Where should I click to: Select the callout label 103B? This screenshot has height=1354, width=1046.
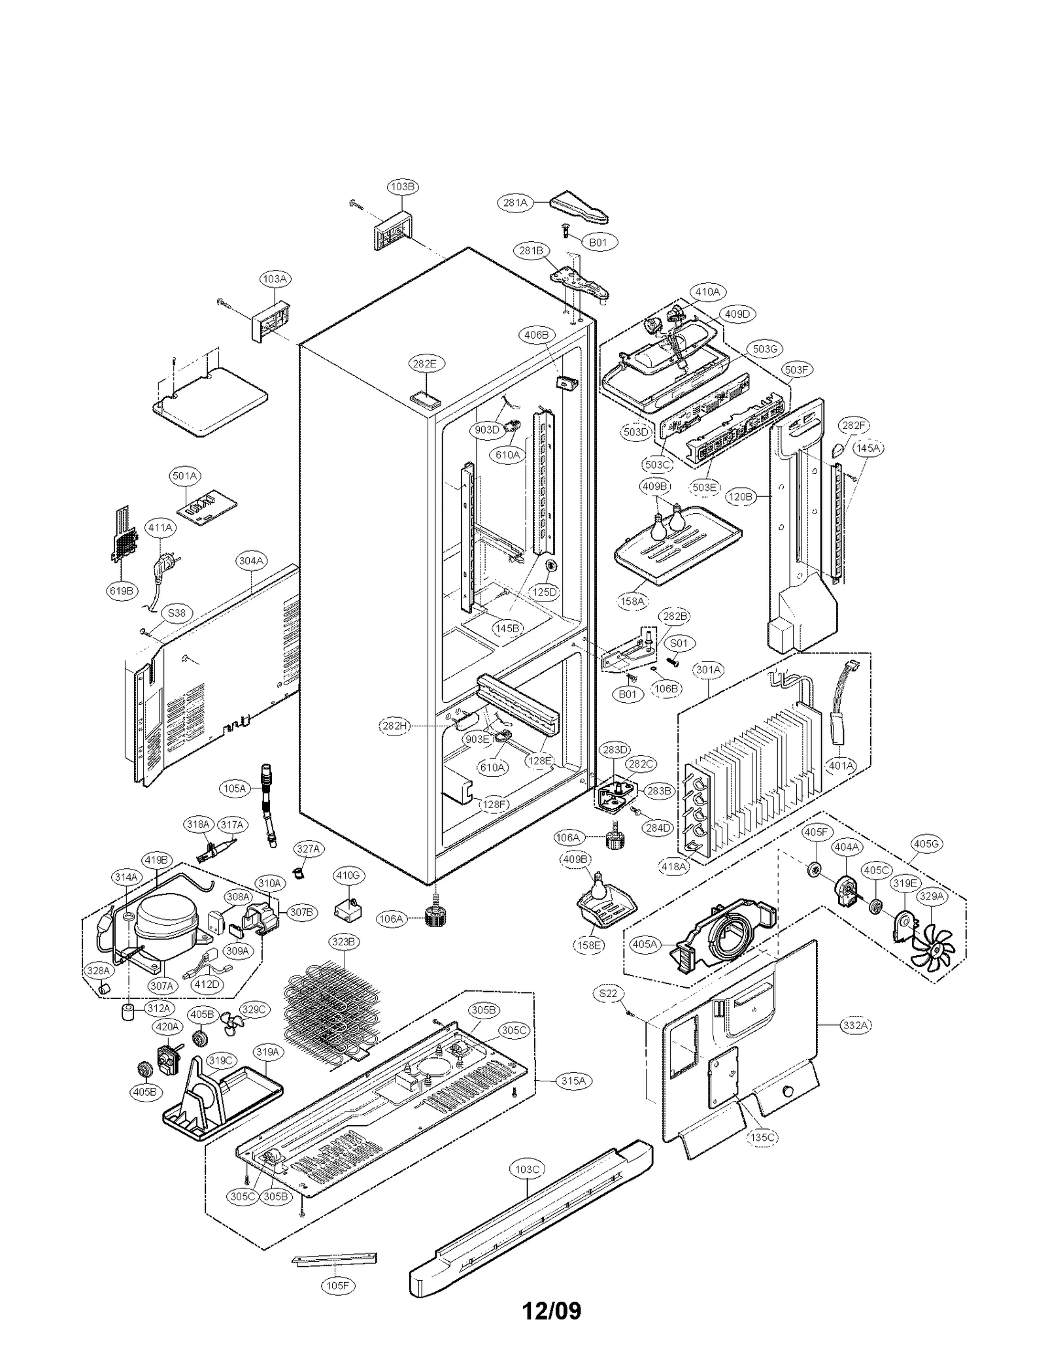402,186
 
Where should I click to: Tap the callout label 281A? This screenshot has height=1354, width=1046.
515,203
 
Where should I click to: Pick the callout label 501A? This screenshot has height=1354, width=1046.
185,476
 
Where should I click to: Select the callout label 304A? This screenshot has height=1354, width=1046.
251,561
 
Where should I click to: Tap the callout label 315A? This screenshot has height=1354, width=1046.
573,1081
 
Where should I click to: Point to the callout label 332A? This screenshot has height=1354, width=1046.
854,1025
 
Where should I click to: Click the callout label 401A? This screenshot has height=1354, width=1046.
841,765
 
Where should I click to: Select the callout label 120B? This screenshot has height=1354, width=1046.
741,497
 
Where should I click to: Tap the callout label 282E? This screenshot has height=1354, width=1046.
424,364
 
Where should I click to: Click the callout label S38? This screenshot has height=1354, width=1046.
177,613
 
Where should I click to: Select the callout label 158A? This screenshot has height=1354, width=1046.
632,600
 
